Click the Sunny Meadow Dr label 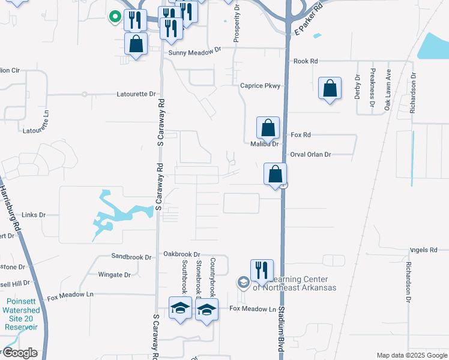point(194,52)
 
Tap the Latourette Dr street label point(136,94)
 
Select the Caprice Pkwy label point(260,86)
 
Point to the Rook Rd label point(306,61)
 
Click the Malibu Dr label point(265,144)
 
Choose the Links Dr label point(34,214)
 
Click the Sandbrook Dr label point(131,257)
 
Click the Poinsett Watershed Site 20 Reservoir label point(22,314)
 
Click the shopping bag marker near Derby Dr point(330,89)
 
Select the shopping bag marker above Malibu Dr point(268,128)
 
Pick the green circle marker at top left point(113,17)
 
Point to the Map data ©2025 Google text point(411,355)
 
